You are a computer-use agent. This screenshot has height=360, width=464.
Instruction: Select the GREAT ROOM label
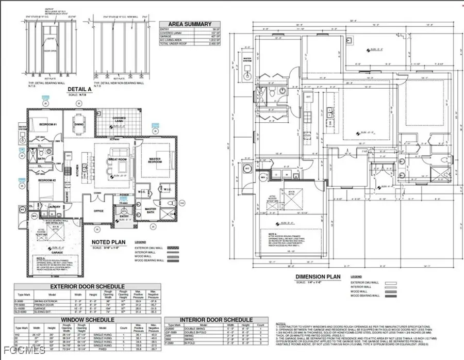point(115,160)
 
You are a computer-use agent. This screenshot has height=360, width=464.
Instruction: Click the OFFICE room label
point(98,211)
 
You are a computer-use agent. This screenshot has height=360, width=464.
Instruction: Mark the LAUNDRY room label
point(53,207)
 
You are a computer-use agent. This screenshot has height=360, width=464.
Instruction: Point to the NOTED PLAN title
point(106,242)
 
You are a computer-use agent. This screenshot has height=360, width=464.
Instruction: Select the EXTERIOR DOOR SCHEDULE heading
point(87,286)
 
